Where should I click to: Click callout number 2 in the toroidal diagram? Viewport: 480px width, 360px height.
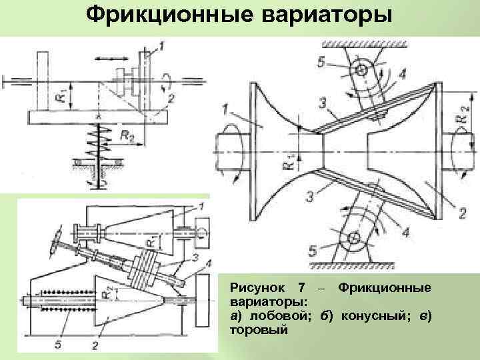[x=461, y=214]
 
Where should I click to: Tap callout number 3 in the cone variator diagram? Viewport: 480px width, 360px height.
[x=195, y=257]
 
